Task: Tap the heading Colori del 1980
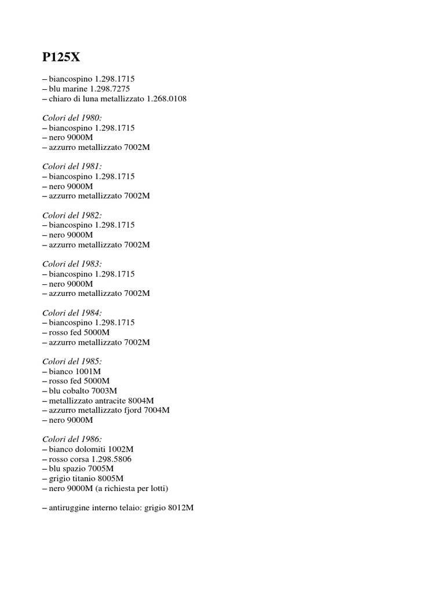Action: tap(72, 118)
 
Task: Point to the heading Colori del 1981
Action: tap(72, 166)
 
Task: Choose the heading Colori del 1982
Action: tap(72, 215)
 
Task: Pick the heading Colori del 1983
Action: tap(72, 263)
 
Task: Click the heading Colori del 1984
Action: tap(72, 313)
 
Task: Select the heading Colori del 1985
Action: tap(72, 361)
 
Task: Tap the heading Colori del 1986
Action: tap(72, 440)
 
